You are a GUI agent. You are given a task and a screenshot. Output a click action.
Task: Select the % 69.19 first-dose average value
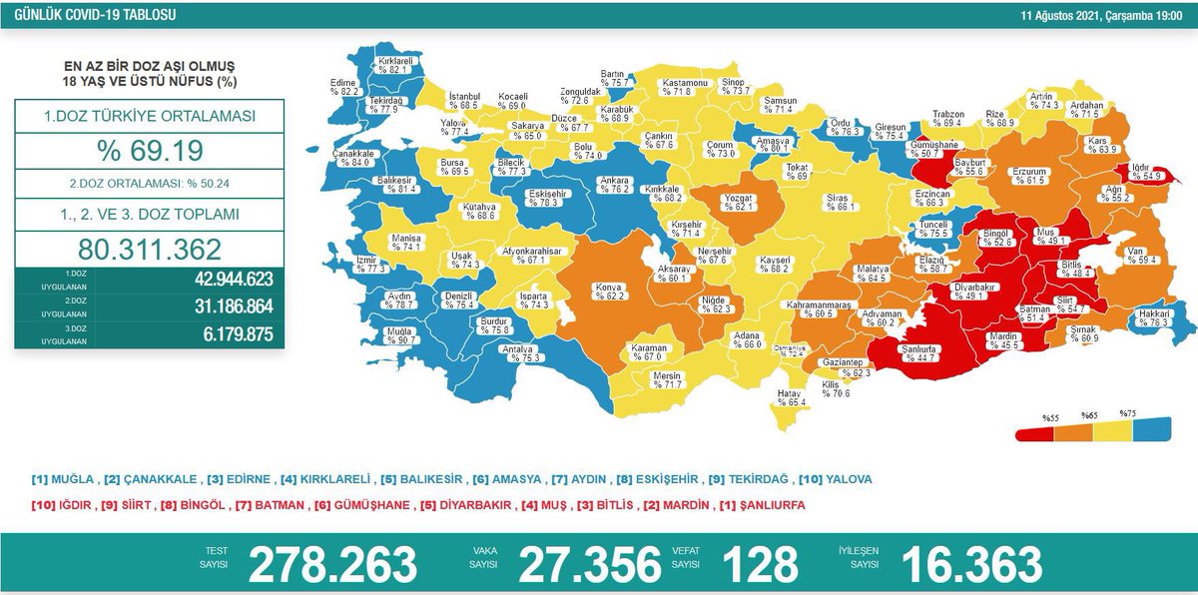coord(150,151)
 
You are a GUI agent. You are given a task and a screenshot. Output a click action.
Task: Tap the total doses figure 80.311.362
coord(150,249)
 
